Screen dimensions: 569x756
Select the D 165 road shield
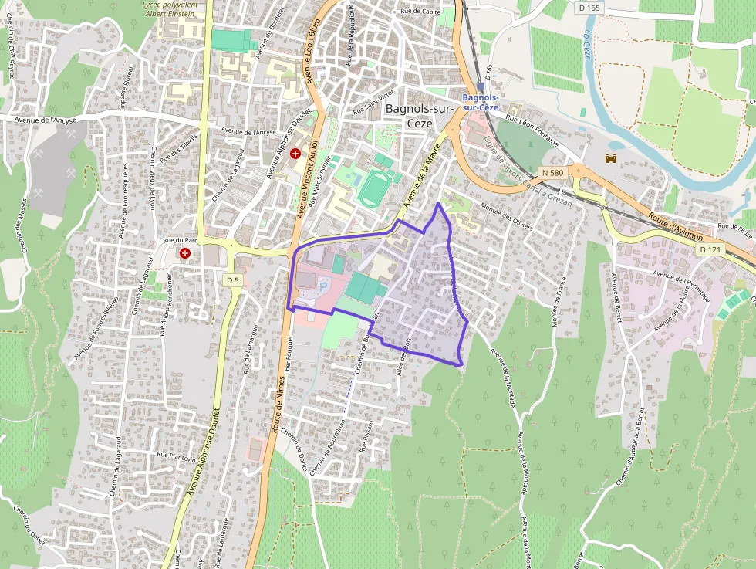589,8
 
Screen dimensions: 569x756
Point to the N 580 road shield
552,171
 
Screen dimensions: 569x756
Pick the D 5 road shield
234,279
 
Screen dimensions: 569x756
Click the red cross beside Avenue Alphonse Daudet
295,154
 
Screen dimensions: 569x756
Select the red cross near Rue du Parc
185,253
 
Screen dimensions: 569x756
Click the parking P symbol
323,286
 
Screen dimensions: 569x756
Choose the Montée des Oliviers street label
507,216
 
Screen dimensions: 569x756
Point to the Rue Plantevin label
177,456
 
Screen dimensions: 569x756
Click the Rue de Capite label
420,12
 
